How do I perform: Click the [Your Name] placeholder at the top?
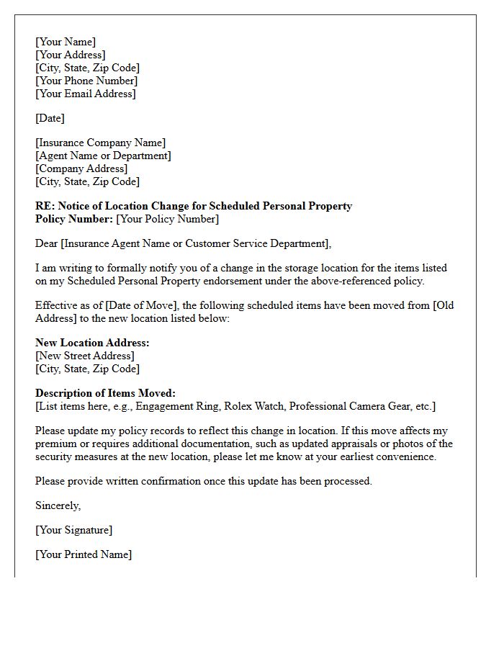(x=66, y=42)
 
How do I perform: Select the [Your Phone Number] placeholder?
(x=86, y=81)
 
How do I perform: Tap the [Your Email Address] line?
(x=85, y=94)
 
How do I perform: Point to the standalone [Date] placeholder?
(x=50, y=118)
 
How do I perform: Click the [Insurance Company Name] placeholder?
(x=100, y=143)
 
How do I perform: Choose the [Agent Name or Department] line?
(x=103, y=156)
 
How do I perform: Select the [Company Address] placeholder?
(x=81, y=168)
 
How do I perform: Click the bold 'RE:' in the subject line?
(x=45, y=206)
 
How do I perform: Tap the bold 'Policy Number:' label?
(x=74, y=219)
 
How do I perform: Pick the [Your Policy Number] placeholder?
(x=167, y=219)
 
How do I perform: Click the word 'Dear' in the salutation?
(x=48, y=243)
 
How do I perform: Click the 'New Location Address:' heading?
(x=92, y=343)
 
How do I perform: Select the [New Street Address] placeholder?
(x=85, y=356)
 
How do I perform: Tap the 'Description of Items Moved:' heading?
(x=105, y=393)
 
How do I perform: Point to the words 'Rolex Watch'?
(x=253, y=406)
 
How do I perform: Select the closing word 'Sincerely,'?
(x=58, y=505)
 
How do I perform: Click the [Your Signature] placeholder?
(x=73, y=530)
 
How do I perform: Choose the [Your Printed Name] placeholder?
(x=84, y=554)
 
